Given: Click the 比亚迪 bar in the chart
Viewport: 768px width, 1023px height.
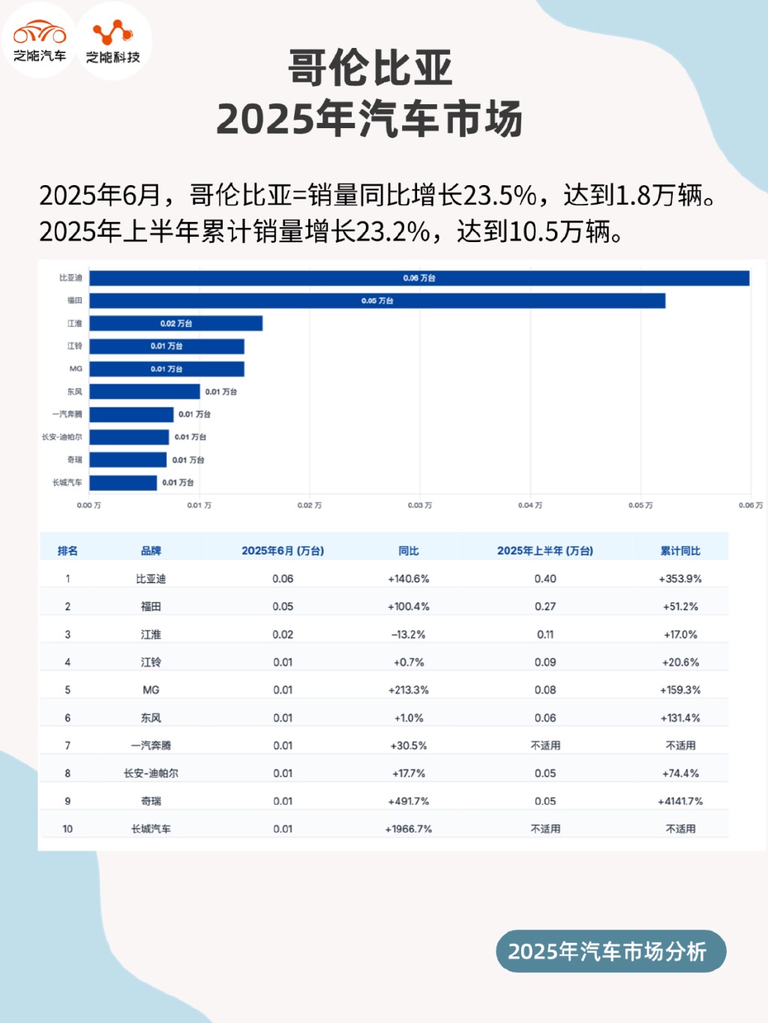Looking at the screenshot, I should point(419,278).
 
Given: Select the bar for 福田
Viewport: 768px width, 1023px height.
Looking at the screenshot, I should point(377,301).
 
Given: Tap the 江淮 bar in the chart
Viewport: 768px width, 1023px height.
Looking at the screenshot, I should point(176,323).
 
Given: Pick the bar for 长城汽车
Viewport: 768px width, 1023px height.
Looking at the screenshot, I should point(123,483).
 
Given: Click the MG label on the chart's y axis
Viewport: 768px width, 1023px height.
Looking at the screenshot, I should point(76,369).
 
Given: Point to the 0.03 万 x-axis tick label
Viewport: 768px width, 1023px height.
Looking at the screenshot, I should point(420,505).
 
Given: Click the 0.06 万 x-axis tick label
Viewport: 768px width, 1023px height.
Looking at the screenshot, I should point(750,505).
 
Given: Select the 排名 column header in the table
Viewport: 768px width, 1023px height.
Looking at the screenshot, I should point(67,551).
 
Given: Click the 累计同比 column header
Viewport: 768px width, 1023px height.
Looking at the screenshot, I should point(680,551).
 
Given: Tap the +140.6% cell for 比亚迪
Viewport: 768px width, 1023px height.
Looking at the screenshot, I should point(409,579).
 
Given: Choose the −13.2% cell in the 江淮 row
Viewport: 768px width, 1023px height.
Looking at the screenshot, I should point(409,634).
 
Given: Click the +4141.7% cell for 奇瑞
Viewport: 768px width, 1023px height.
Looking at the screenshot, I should point(680,801).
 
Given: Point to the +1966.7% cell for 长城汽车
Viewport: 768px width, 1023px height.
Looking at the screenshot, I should point(409,829).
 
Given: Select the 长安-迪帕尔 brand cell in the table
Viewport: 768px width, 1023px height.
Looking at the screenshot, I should point(151,773).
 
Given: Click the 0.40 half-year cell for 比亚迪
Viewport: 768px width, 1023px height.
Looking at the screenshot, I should point(545,579).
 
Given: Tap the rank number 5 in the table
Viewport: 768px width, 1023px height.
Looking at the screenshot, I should point(67,689).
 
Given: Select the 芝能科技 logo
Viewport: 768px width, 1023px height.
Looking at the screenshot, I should point(113,41).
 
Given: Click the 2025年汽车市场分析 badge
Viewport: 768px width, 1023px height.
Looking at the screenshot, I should point(610,951).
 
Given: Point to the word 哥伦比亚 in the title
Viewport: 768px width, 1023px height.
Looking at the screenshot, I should point(370,69).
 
